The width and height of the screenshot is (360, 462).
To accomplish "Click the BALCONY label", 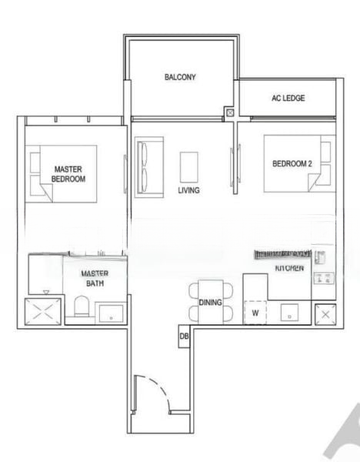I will pos(181,77).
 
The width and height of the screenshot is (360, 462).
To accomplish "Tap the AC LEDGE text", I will pos(288,99).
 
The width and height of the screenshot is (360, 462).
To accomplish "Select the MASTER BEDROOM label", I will pos(68,173).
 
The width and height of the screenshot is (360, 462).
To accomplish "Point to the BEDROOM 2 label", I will pos(292,163).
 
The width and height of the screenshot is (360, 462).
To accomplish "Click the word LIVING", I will pos(189,189).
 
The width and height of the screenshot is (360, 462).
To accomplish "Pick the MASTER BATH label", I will pos(95,278).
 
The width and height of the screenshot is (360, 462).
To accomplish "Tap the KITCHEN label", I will pos(289,267).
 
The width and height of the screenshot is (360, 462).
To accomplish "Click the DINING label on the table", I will pos(210,303).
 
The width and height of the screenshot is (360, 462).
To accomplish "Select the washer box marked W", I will pos(255,312).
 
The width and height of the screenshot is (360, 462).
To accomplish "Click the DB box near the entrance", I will pos(185,336).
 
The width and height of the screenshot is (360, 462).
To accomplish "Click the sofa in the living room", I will pos(149,166).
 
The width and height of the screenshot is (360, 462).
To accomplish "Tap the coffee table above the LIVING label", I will pos(189,165).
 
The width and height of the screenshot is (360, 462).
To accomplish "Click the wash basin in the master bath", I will pos(111,312).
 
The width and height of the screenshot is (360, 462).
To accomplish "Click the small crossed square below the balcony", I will pos(229,112).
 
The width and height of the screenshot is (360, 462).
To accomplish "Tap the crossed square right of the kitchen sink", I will pos(325,314).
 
